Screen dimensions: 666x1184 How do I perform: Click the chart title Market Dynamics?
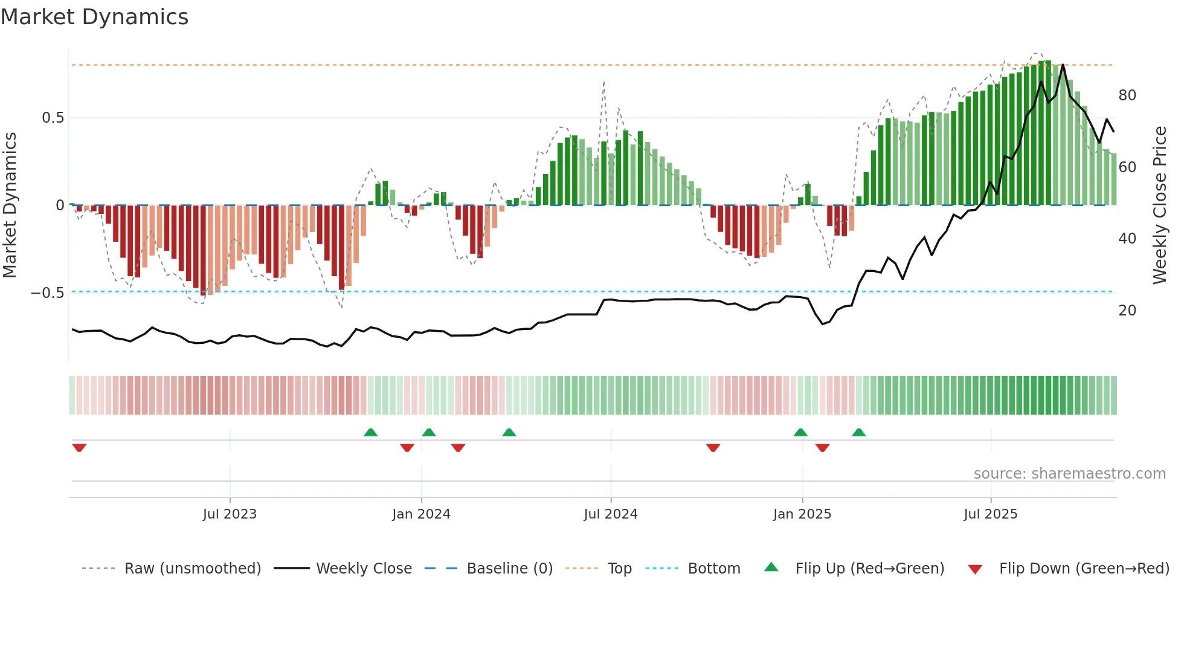94,17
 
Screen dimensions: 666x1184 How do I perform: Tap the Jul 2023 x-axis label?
230,514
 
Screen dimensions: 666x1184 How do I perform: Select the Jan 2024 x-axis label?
421,514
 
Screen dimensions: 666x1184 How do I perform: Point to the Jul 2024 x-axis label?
610,514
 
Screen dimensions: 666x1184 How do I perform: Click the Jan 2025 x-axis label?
802,514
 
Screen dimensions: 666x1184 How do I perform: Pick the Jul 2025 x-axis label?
990,514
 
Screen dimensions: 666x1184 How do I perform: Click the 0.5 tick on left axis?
53,118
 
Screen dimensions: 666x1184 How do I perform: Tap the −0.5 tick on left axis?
48,293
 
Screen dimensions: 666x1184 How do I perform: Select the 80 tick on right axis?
1127,95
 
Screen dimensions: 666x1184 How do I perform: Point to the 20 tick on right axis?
1127,311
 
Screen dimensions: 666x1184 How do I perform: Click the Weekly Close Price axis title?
1160,205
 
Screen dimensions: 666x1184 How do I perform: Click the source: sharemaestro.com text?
1069,474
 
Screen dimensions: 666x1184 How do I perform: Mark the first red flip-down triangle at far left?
79,448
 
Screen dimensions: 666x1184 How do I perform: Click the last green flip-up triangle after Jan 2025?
858,432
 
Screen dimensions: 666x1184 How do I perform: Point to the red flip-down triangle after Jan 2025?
822,448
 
